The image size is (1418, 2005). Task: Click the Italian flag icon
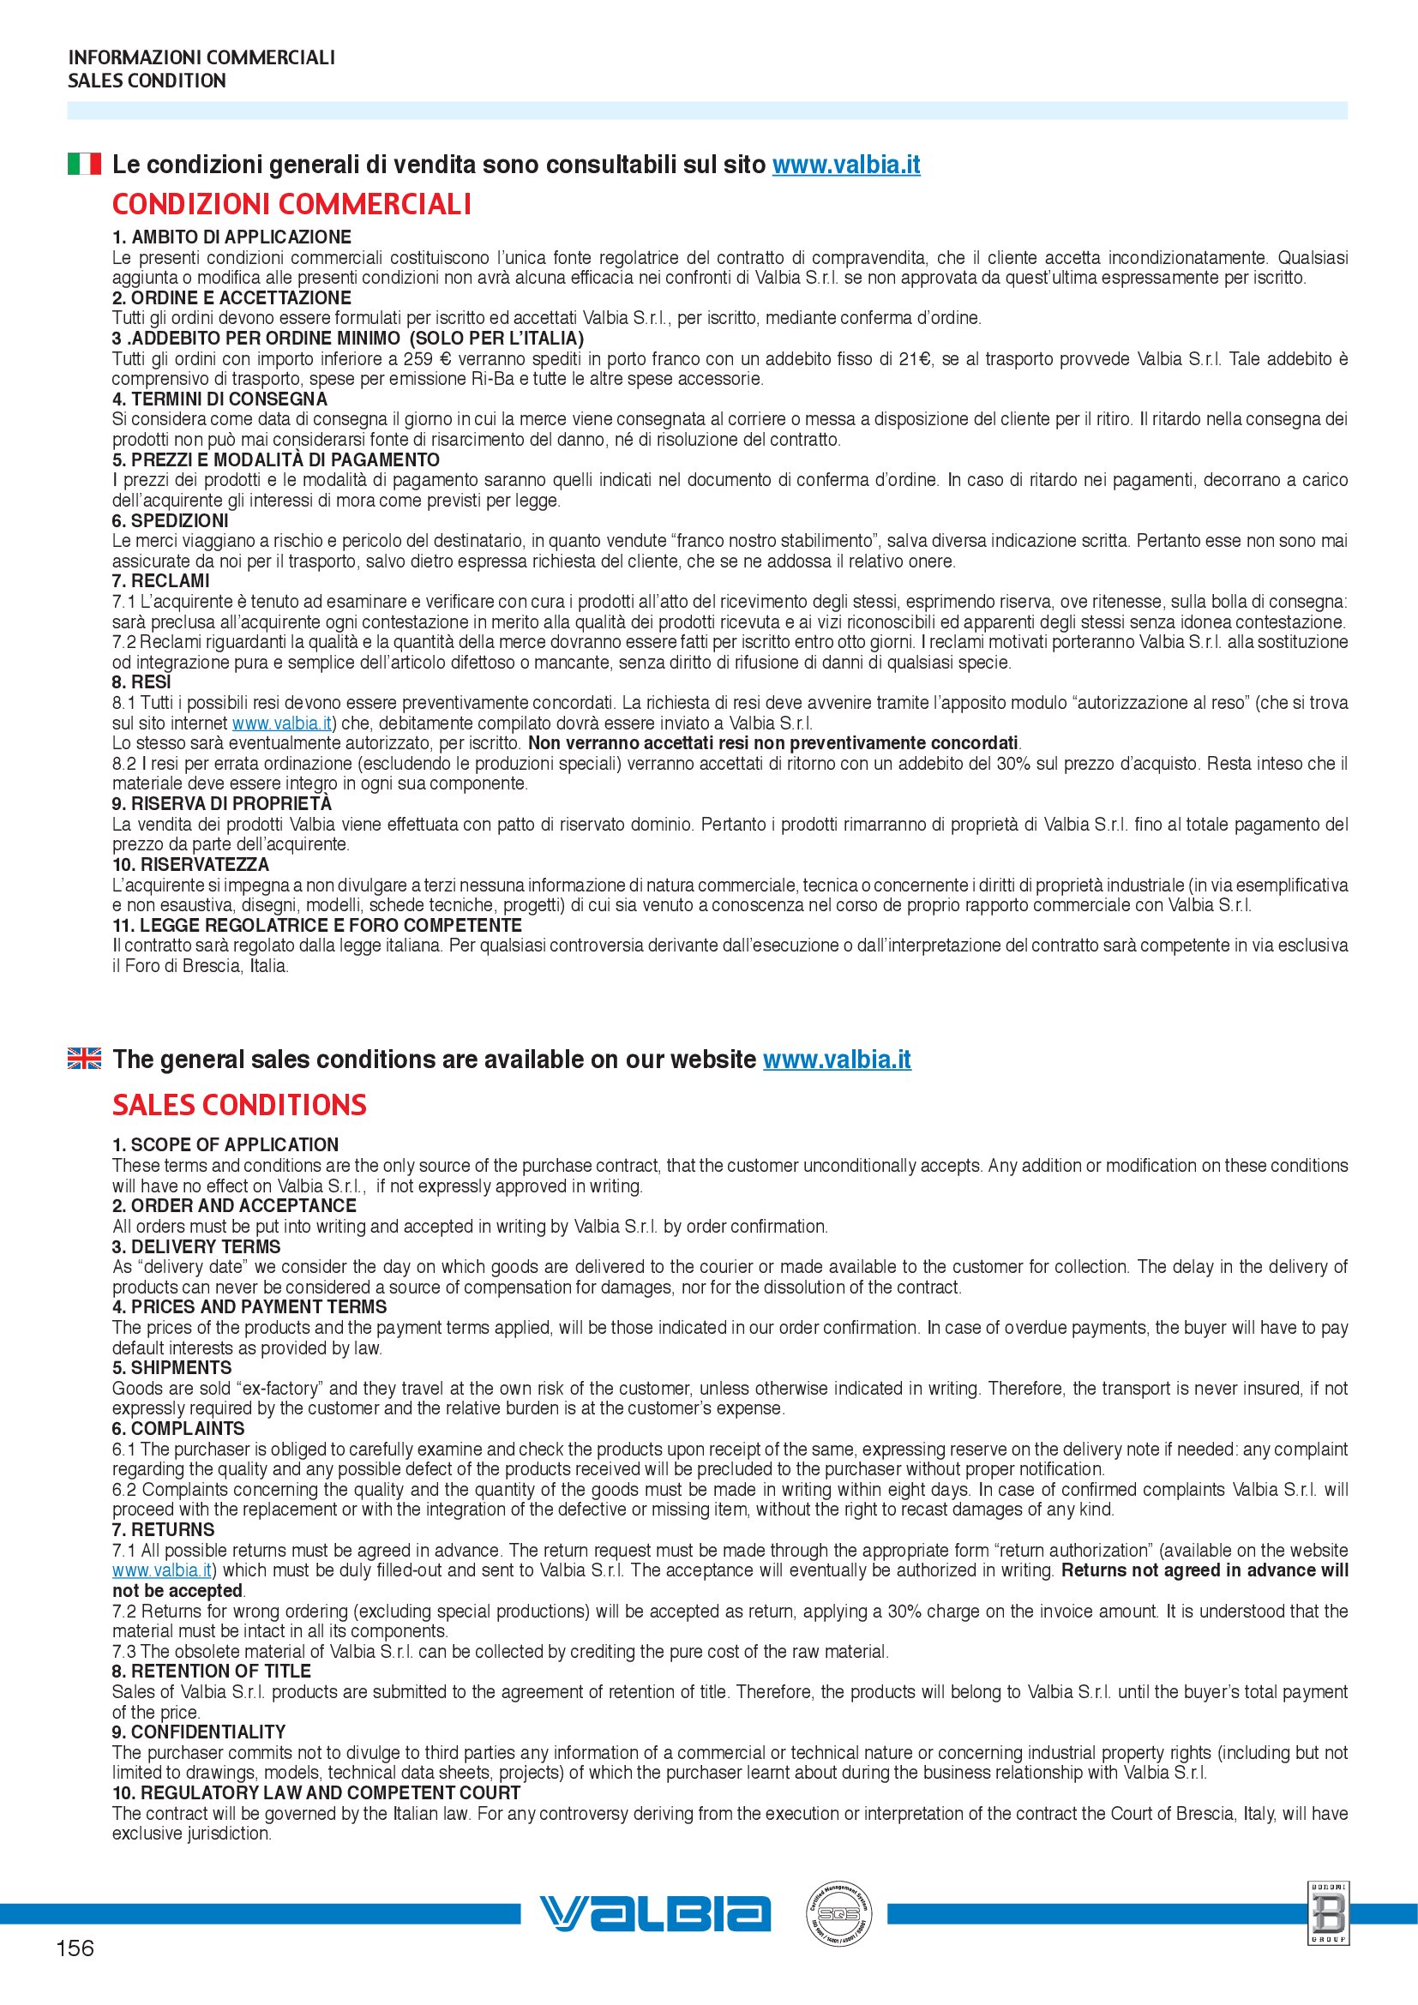[84, 164]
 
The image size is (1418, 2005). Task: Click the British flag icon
[84, 1058]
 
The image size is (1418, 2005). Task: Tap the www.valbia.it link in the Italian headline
[845, 165]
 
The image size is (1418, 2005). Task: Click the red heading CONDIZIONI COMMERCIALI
[291, 204]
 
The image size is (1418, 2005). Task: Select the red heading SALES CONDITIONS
[239, 1105]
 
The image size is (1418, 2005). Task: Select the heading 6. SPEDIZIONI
[171, 520]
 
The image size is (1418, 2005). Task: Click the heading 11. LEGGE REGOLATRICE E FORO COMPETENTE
[317, 925]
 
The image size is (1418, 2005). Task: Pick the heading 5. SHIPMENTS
[172, 1367]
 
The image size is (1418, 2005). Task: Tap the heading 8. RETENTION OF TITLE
[211, 1671]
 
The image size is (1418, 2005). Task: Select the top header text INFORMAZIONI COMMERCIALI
[201, 57]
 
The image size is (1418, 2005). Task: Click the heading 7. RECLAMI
[160, 580]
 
